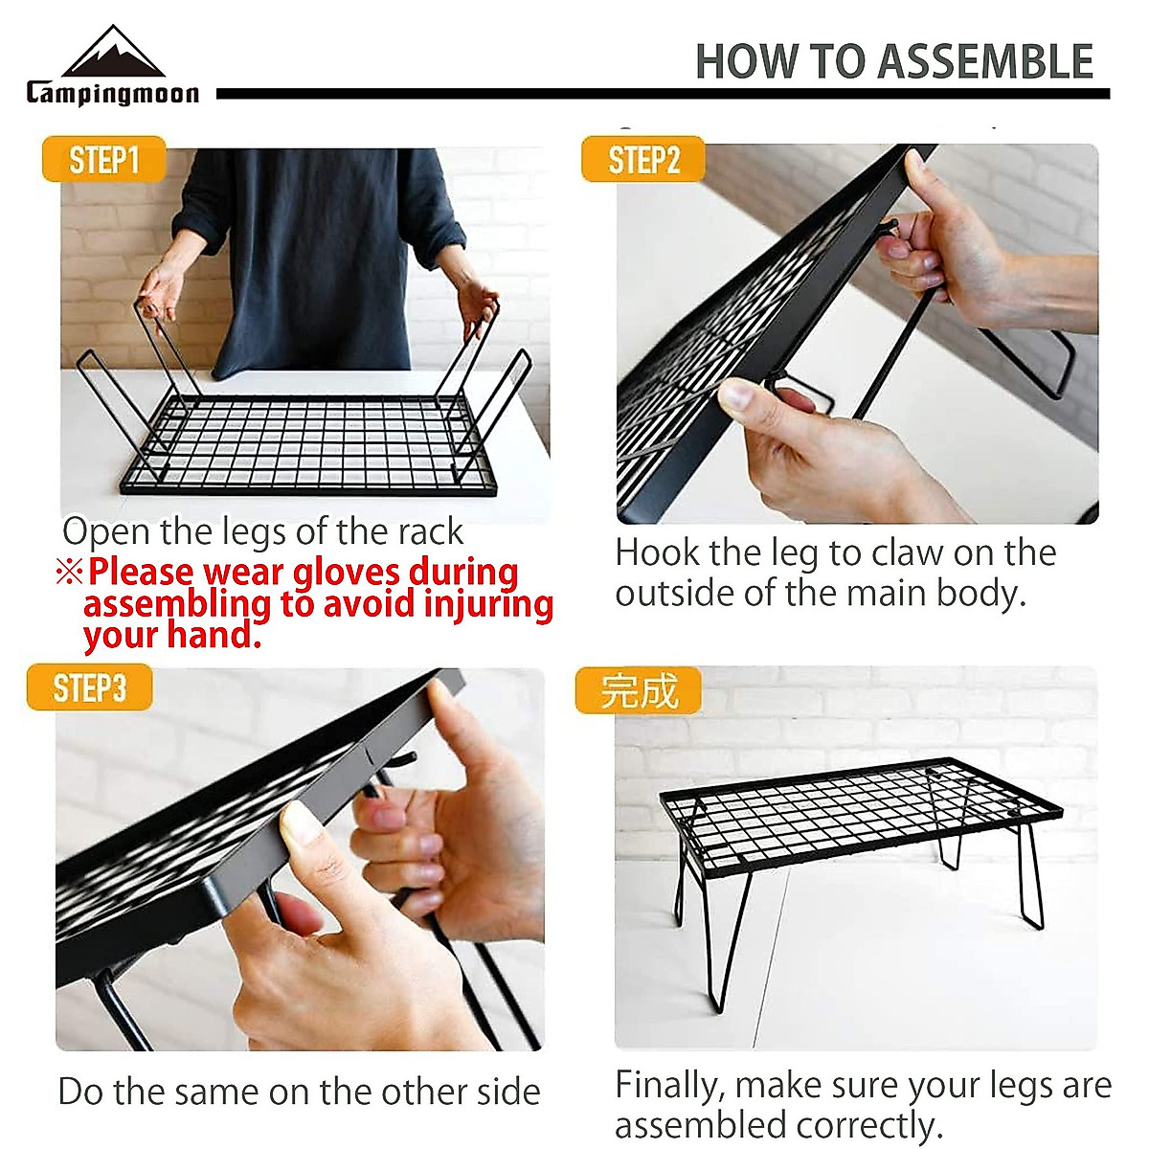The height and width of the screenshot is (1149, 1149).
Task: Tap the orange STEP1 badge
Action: point(103,160)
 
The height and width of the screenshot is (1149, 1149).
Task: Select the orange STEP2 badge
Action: point(643,160)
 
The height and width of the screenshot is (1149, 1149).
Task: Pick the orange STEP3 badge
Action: point(89,687)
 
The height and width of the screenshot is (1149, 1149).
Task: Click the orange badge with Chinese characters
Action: point(639,690)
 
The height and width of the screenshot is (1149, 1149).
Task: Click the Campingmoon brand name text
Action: point(113,93)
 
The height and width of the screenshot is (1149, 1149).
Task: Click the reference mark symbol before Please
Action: point(69,573)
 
